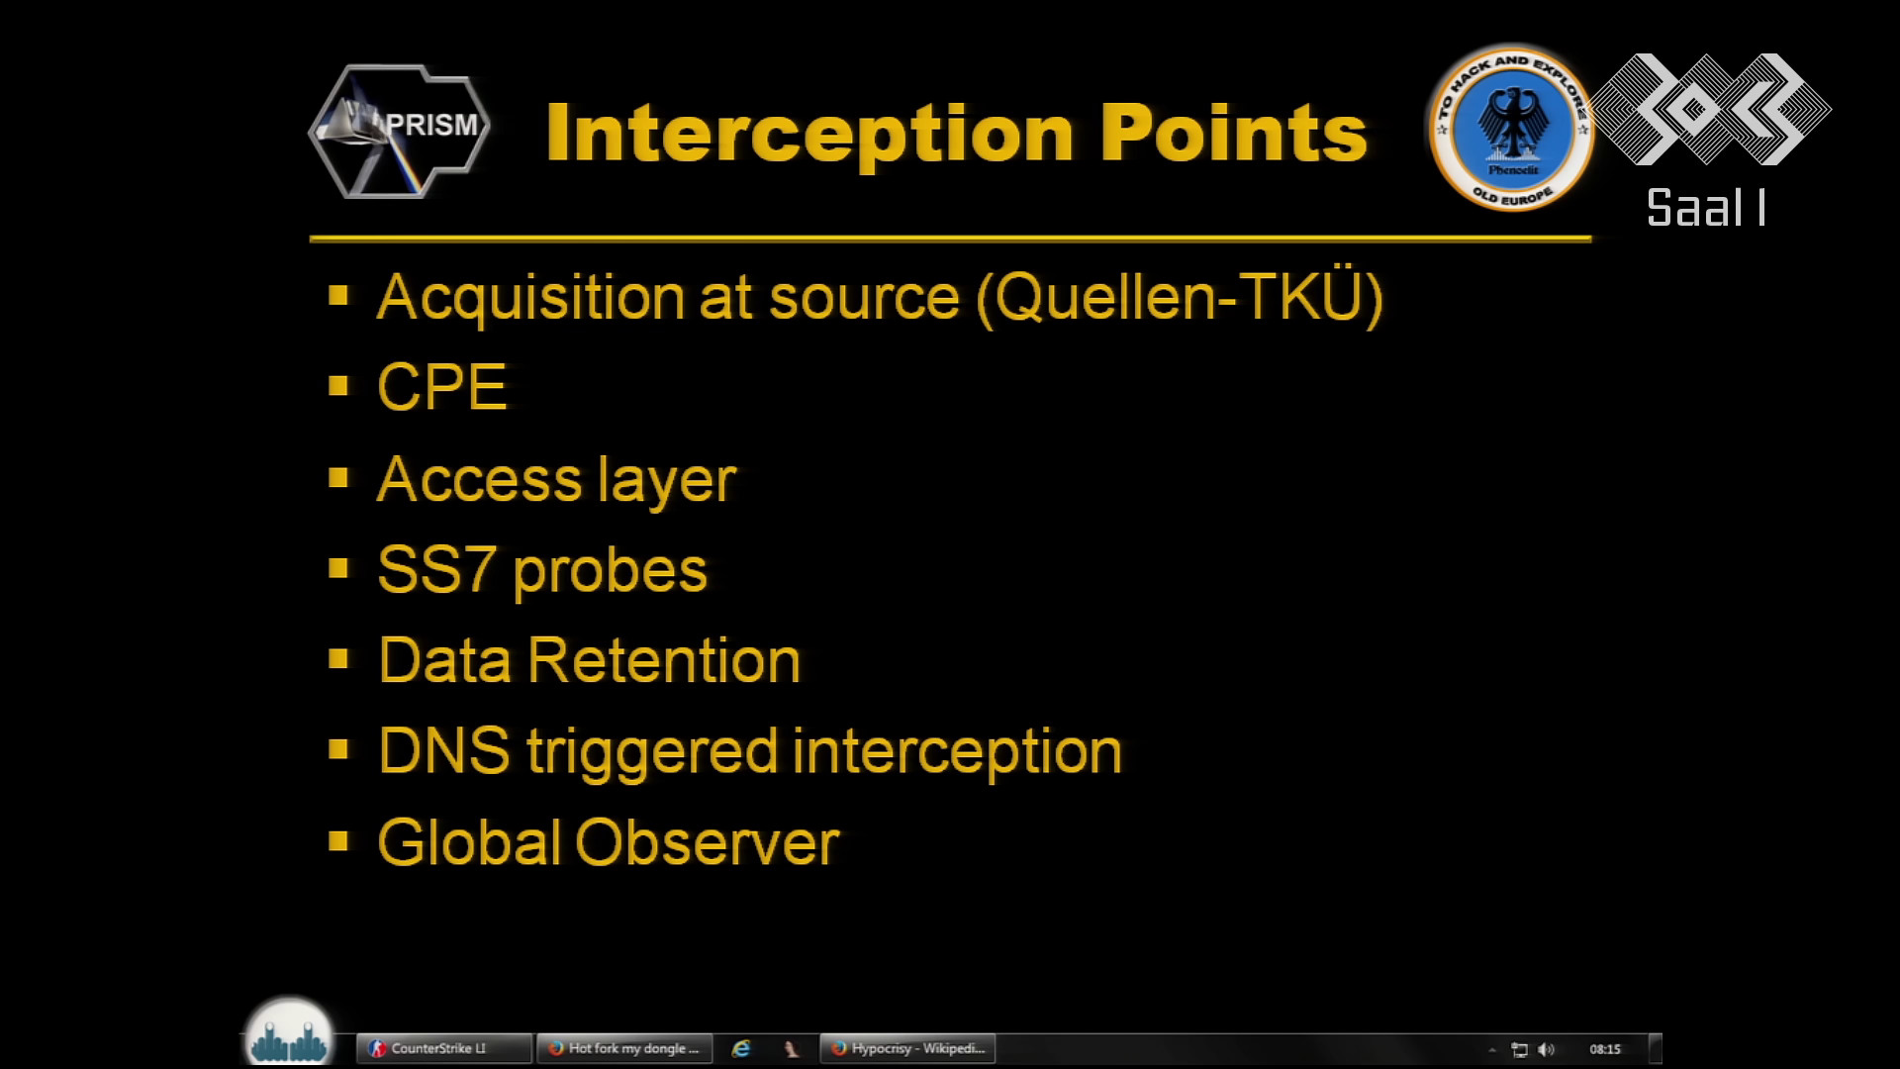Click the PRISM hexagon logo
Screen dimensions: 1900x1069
point(399,132)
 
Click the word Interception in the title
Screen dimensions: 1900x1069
point(809,133)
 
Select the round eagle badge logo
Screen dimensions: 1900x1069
point(1511,129)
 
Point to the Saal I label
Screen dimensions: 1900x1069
point(1706,208)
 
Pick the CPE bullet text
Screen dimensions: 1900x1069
point(442,386)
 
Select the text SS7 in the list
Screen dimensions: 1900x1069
point(436,570)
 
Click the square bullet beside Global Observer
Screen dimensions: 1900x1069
point(338,841)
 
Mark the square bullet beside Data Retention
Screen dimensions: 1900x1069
point(338,659)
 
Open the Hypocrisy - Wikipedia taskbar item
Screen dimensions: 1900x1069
point(907,1048)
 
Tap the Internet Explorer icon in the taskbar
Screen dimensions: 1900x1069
point(740,1048)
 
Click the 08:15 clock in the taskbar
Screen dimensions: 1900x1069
point(1605,1049)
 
